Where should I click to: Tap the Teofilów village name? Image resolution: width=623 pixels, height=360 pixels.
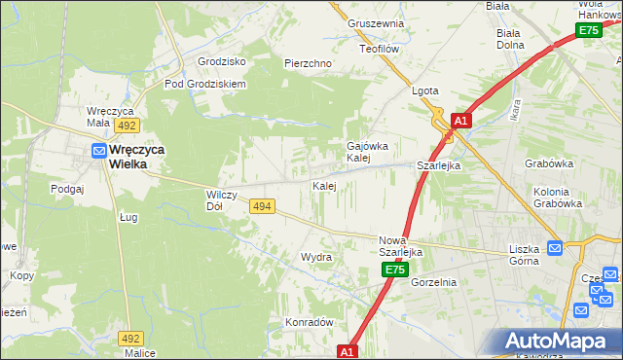[379, 48]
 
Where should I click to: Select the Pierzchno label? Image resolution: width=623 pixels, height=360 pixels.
[309, 63]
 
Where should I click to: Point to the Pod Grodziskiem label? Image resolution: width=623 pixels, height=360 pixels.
[205, 84]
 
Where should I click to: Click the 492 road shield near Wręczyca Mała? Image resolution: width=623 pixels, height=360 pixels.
[126, 126]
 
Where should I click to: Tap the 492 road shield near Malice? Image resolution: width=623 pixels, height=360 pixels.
[131, 338]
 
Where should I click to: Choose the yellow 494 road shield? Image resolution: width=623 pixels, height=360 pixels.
[261, 206]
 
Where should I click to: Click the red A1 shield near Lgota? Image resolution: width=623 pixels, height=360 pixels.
[461, 121]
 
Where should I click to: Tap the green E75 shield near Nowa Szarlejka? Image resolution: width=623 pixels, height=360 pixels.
[393, 269]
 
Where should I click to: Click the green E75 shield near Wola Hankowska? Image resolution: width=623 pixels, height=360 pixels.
[588, 30]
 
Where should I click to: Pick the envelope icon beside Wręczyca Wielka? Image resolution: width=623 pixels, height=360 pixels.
[99, 150]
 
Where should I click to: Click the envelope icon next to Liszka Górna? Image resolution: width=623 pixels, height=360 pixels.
[554, 248]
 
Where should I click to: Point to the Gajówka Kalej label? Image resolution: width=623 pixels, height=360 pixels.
[359, 152]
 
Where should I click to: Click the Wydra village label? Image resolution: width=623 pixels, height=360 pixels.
[316, 257]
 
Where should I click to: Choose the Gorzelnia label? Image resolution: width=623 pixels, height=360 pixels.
[433, 282]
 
